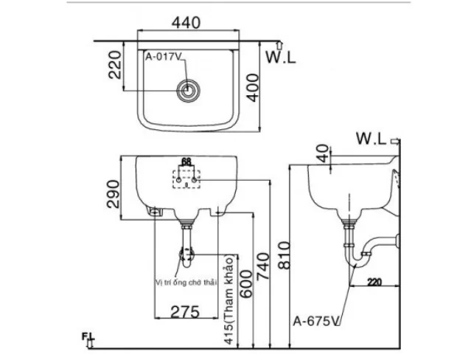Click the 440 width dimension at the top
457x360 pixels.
pos(188,23)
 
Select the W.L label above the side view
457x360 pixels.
pos(371,138)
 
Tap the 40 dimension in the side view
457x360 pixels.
pos(321,153)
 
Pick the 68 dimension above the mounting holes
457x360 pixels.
pos(186,162)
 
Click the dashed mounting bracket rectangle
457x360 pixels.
pos(186,180)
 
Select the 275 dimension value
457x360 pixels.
pos(184,312)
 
